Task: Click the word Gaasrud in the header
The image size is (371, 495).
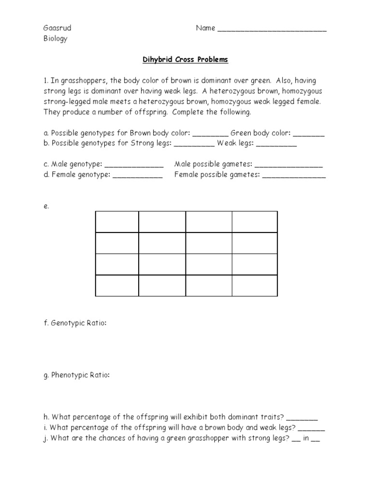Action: [x=57, y=28]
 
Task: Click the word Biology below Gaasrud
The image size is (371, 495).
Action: [x=56, y=39]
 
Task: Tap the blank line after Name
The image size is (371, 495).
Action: [x=272, y=29]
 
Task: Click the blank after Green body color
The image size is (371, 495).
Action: [x=309, y=134]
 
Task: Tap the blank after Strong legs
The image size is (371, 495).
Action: [x=194, y=144]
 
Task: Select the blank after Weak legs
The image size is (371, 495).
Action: [x=276, y=144]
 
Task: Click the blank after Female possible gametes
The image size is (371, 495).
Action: [x=294, y=175]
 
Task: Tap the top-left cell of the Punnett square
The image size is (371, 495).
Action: [x=117, y=222]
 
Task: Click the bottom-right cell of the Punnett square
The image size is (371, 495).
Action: [x=255, y=285]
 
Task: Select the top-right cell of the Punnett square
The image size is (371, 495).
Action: [x=255, y=222]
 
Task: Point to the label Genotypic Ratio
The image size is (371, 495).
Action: [x=78, y=323]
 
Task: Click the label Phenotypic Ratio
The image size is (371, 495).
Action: [x=80, y=375]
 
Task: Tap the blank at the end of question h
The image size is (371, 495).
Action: [x=305, y=417]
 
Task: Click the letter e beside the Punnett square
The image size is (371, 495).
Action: [x=46, y=206]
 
